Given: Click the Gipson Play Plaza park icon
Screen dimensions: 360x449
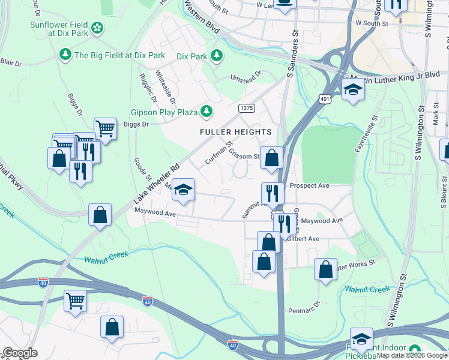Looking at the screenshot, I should pyautogui.click(x=206, y=112).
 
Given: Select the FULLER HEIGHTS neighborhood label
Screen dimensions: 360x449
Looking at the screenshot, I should pyautogui.click(x=236, y=131).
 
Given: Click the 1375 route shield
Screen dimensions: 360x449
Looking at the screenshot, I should pyautogui.click(x=246, y=107).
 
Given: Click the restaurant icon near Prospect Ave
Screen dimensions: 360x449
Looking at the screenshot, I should pyautogui.click(x=273, y=193).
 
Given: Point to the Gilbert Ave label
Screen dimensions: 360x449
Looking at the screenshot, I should pyautogui.click(x=303, y=238).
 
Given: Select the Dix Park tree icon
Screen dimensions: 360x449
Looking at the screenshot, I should pyautogui.click(x=216, y=56).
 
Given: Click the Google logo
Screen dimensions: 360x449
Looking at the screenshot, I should pyautogui.click(x=20, y=353).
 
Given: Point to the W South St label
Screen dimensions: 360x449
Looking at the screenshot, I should pyautogui.click(x=372, y=23).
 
